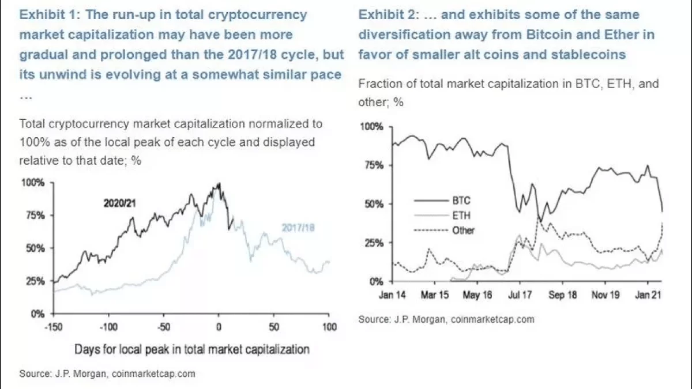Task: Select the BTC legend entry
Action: pyautogui.click(x=461, y=201)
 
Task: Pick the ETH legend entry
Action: pyautogui.click(x=461, y=216)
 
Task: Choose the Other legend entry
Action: pyautogui.click(x=463, y=230)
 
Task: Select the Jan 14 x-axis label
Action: pyautogui.click(x=393, y=295)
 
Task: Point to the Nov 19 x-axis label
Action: pyautogui.click(x=605, y=295)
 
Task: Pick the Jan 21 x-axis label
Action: pyautogui.click(x=647, y=295)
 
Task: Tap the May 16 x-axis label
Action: pyautogui.click(x=477, y=295)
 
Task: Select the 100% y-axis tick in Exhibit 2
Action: pyautogui.click(x=373, y=126)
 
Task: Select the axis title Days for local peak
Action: pyautogui.click(x=192, y=349)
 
